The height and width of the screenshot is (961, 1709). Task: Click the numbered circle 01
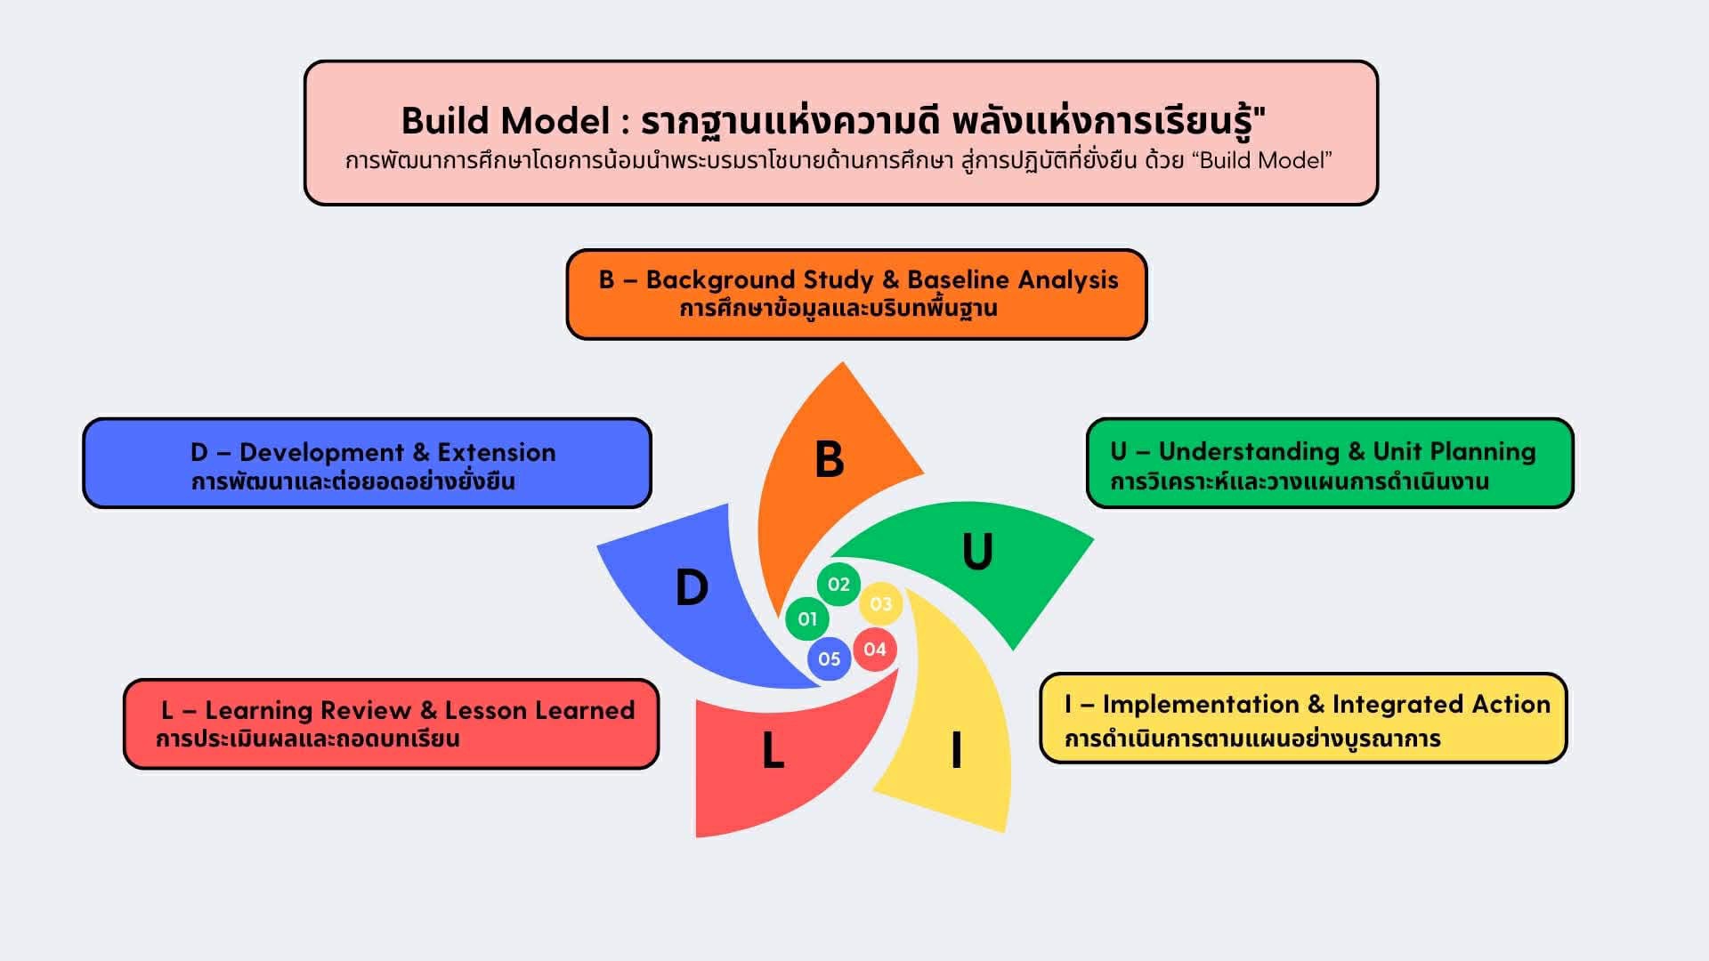point(807,618)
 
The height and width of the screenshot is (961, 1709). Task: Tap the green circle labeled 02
point(838,585)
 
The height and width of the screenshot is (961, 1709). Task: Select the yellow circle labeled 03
point(880,604)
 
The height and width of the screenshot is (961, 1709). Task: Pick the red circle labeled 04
point(875,650)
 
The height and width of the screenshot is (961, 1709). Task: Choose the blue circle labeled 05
point(829,659)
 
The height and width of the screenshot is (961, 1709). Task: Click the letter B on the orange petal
point(829,460)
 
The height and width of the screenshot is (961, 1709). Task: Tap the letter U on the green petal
point(977,552)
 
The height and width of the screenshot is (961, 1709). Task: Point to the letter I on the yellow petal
point(957,750)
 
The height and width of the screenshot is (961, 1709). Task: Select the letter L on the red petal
point(773,751)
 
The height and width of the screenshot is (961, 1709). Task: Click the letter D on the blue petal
point(692,588)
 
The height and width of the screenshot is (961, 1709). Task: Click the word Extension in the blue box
point(496,453)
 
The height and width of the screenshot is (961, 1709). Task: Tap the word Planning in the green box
point(1482,452)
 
